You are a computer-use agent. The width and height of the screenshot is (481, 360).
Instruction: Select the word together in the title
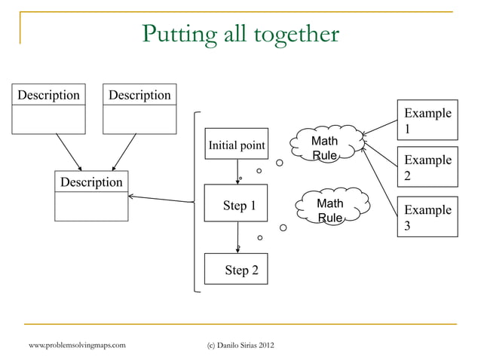[297, 35]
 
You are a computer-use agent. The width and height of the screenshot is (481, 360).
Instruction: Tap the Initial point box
[236, 144]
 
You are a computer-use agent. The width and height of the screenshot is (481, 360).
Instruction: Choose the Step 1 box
[236, 205]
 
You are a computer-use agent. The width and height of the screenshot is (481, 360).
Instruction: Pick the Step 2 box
[236, 270]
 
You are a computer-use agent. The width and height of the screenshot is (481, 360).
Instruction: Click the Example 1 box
[427, 121]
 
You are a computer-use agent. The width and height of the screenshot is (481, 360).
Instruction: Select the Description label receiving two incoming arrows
[91, 182]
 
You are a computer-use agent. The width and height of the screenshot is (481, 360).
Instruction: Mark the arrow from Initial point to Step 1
[237, 172]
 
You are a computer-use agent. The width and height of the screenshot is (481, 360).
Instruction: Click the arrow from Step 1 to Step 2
[237, 238]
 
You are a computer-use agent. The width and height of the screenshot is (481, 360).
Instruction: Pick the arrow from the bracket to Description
[162, 199]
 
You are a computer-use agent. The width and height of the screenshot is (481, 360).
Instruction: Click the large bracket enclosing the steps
[195, 202]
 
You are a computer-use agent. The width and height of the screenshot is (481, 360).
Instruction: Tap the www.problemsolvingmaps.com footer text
[77, 345]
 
